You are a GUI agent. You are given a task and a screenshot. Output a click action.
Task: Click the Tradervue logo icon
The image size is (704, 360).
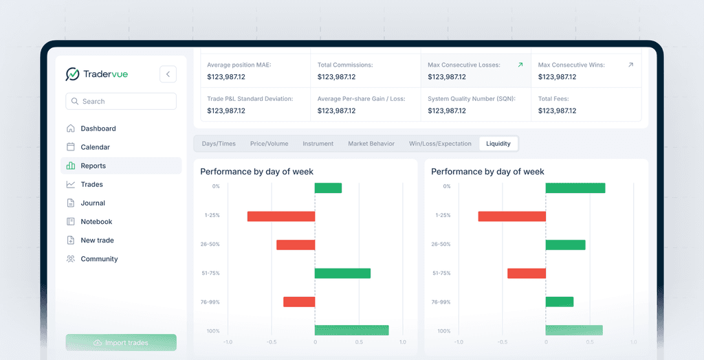click(73, 74)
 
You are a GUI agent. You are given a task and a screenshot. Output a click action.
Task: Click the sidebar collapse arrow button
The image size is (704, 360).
click(168, 74)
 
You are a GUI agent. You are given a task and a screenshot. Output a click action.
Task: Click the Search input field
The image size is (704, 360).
click(121, 101)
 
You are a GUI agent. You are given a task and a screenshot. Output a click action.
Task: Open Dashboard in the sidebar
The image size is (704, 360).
click(98, 128)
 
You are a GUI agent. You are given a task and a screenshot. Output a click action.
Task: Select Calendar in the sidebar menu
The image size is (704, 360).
click(95, 147)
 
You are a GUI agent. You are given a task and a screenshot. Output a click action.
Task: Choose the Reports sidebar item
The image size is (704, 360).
click(93, 166)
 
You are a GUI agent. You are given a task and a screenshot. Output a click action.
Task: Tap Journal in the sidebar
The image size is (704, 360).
click(93, 203)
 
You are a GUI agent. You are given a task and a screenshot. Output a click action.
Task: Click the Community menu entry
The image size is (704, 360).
click(99, 259)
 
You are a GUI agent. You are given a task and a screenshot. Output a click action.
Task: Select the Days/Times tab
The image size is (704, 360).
click(218, 144)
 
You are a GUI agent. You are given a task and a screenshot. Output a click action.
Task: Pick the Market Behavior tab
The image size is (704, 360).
click(371, 144)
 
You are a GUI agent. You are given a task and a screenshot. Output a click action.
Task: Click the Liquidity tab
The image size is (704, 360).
click(498, 144)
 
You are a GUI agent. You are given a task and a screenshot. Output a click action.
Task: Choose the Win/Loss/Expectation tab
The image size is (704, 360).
click(440, 144)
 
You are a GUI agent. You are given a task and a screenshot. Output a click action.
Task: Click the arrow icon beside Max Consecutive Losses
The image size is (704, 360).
click(520, 65)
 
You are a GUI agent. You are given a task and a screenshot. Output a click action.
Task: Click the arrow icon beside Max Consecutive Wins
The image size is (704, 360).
click(630, 65)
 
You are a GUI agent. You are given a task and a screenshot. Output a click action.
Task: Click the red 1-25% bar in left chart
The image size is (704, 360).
click(280, 216)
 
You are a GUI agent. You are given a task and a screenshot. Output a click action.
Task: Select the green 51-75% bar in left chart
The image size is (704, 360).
click(342, 273)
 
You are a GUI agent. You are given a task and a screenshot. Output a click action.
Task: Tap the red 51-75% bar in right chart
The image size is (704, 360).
click(526, 273)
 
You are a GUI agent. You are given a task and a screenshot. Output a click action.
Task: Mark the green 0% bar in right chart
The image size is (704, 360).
click(575, 188)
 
